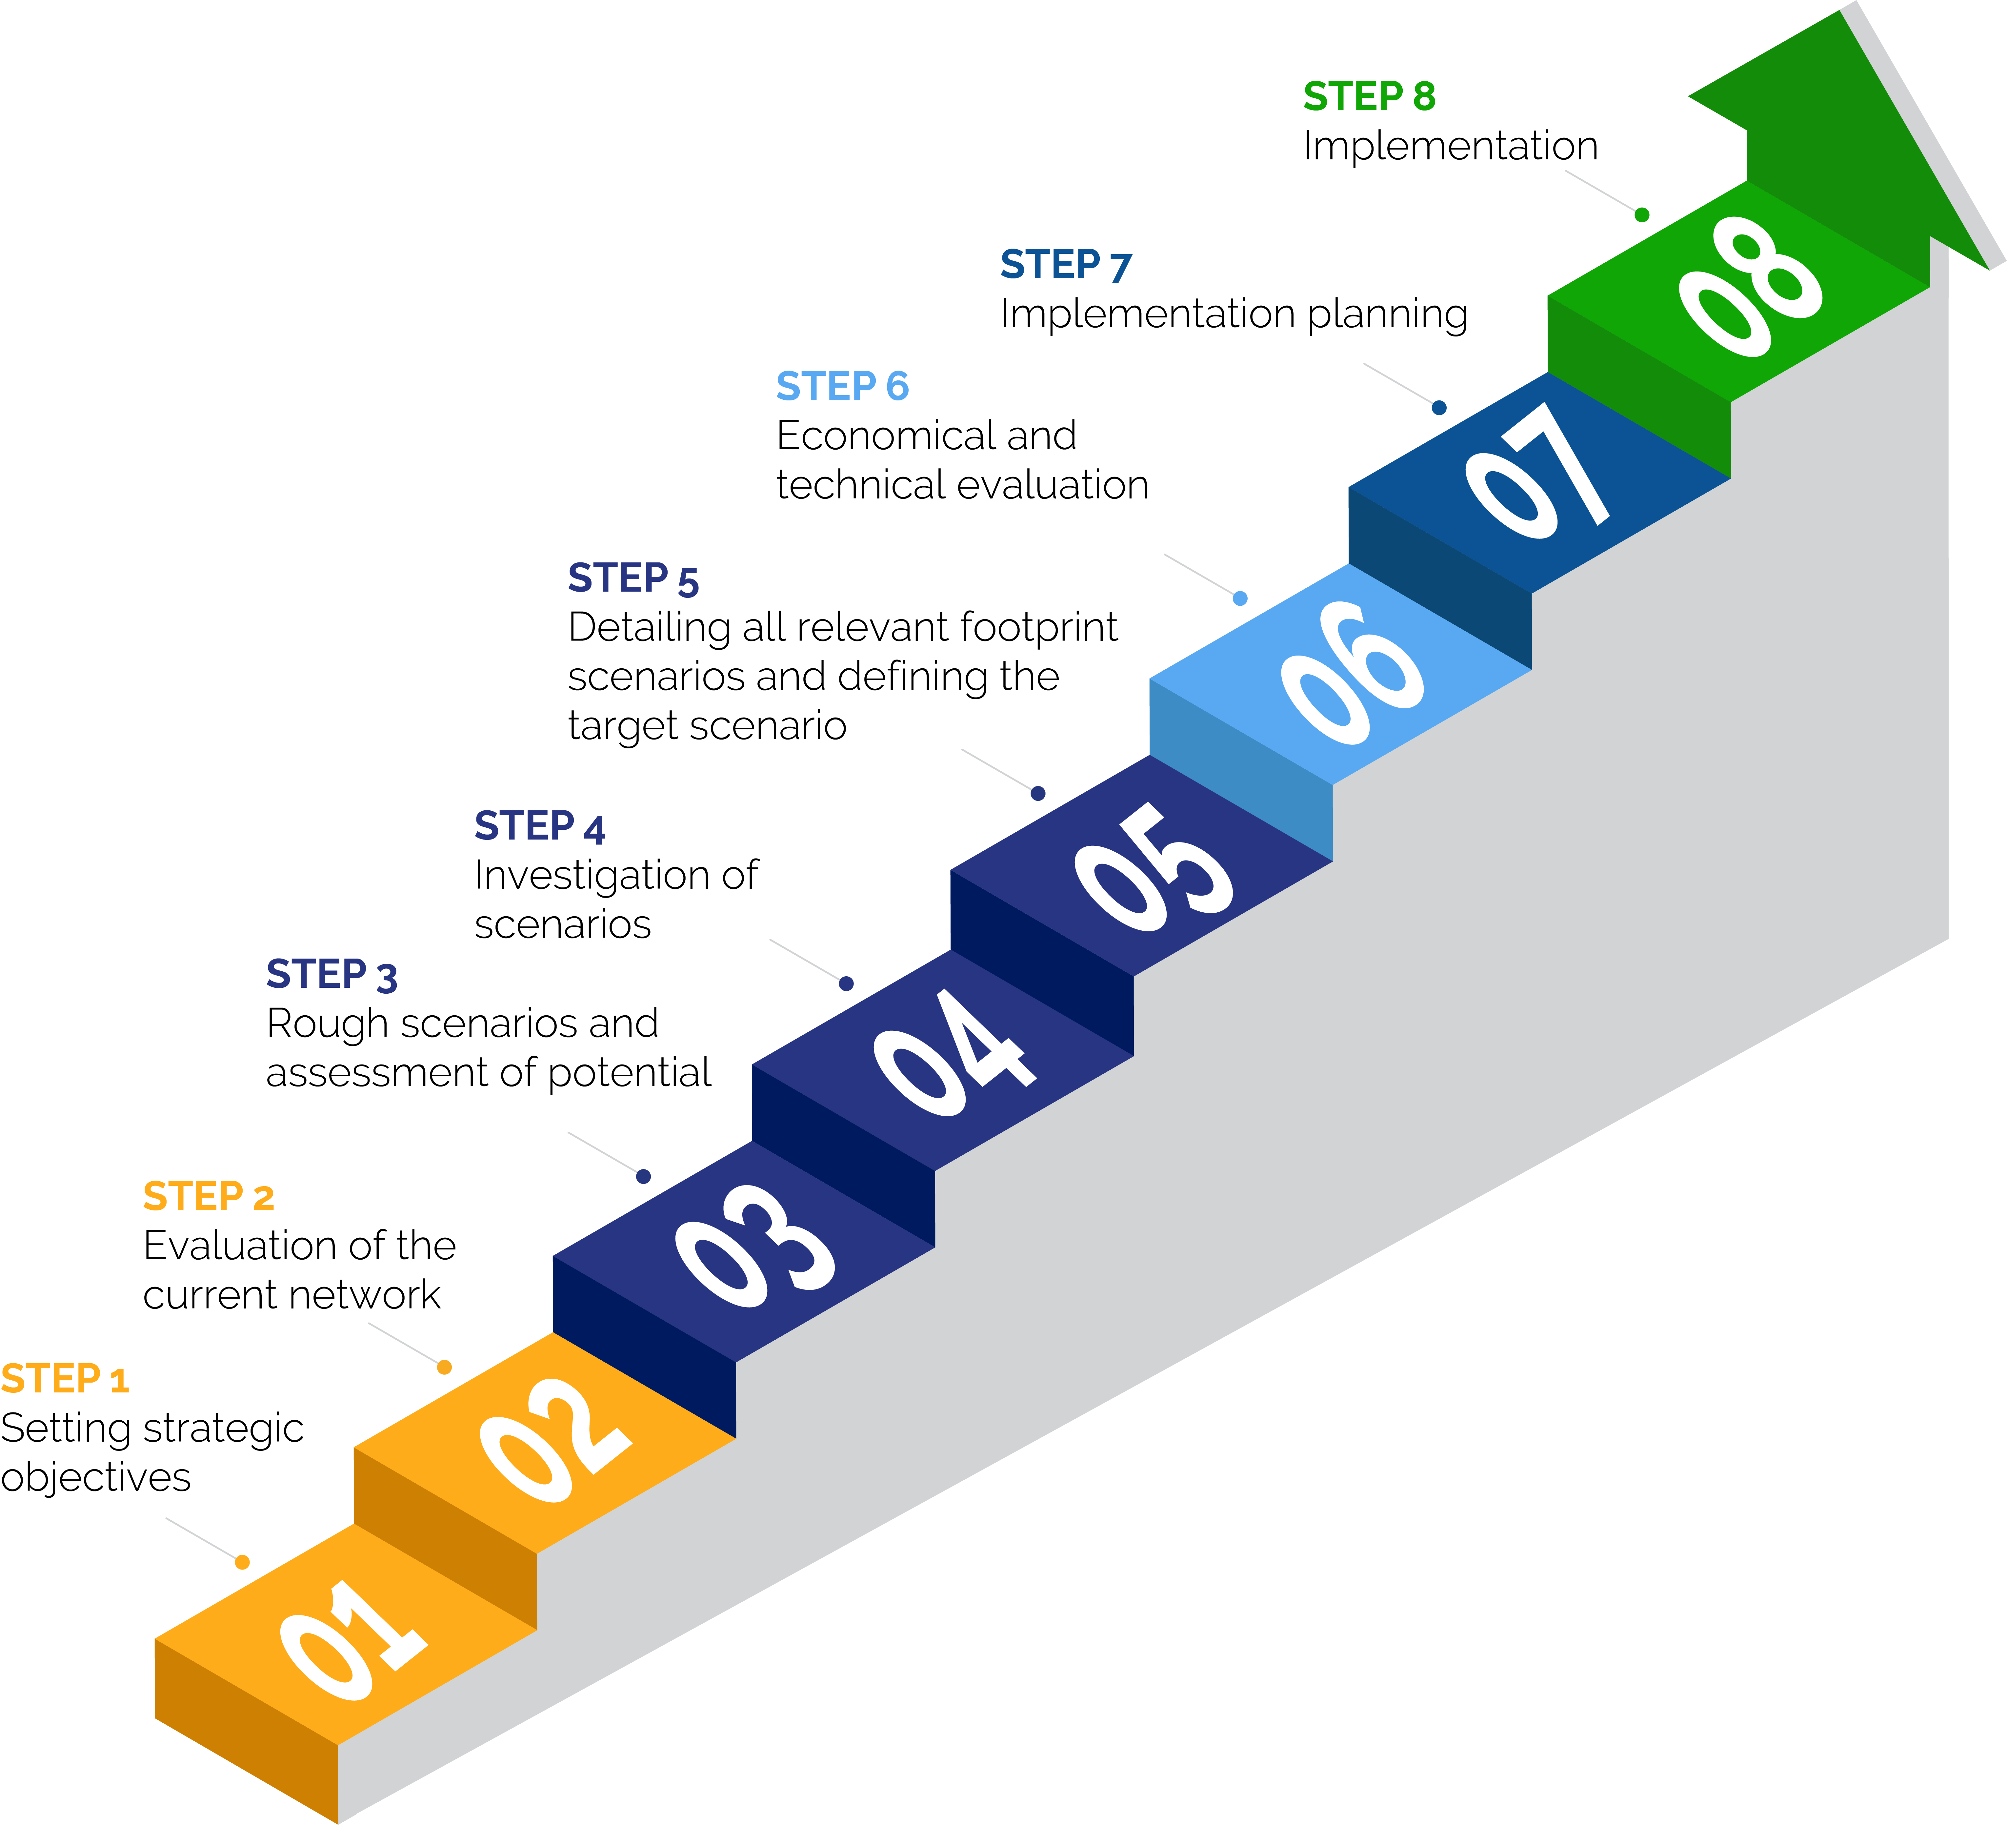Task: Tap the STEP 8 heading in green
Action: click(1369, 96)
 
